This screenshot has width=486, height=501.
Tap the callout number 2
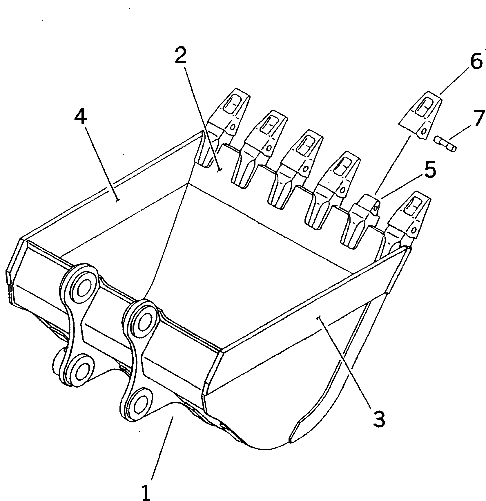pos(180,56)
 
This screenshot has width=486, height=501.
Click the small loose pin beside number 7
pos(445,144)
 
